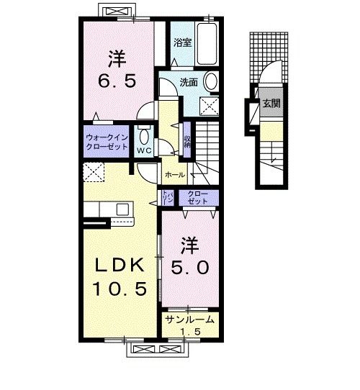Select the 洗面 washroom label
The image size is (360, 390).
pos(189,81)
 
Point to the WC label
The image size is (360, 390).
pos(143,150)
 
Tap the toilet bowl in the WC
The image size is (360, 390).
pos(143,136)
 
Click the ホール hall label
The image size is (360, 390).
pos(175,175)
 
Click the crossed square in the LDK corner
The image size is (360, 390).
pos(94,173)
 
